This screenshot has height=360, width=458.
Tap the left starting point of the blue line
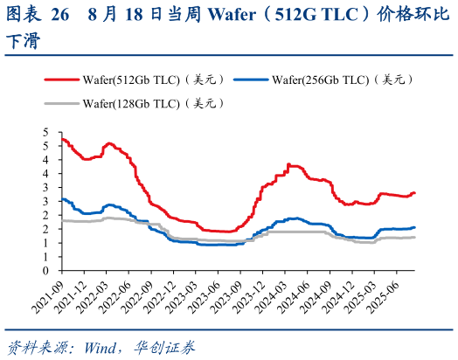coord(61,198)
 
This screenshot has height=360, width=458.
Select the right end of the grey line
coord(415,237)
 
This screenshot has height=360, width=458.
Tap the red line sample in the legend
coord(61,80)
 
